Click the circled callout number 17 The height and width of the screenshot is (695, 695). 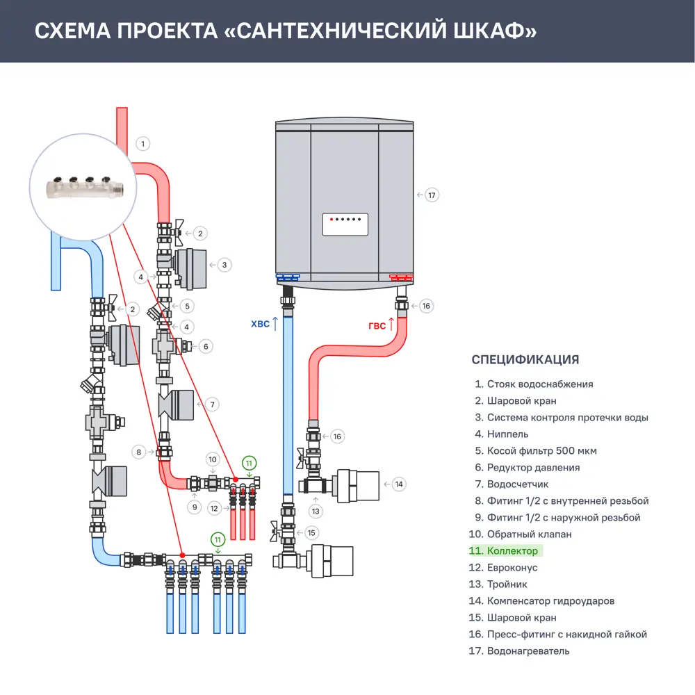coord(432,195)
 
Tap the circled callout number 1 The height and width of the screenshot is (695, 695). coord(142,145)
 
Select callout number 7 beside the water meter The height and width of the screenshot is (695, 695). coord(213,404)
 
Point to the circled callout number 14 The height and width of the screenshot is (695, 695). coord(398,484)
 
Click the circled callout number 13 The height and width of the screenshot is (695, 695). coord(316,511)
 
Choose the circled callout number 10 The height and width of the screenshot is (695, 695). coord(213,459)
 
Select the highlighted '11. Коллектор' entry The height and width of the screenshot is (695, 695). coord(505,551)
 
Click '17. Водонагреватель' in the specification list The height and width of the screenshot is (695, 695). coord(518,651)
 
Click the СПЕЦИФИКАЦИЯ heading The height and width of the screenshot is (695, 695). coord(525,359)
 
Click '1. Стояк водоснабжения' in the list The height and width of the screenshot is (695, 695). coord(533,384)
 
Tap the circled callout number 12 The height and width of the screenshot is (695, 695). coord(215,509)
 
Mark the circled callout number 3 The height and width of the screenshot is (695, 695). coord(224,265)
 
